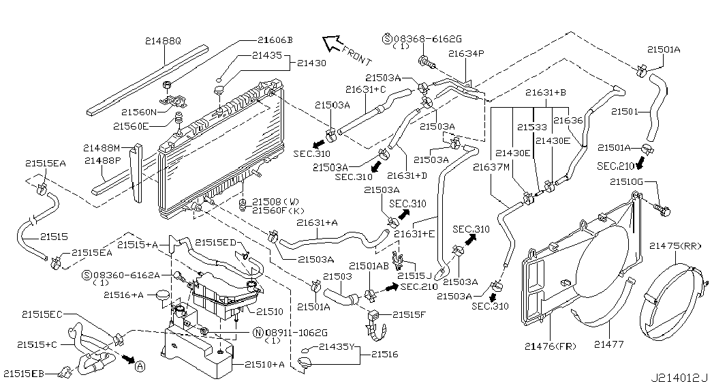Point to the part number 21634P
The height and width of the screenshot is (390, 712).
tap(465, 53)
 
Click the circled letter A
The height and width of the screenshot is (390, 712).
tap(140, 366)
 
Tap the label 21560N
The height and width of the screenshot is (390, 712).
tap(140, 112)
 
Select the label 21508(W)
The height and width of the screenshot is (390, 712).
tap(275, 202)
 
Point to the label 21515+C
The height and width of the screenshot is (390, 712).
tap(40, 346)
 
